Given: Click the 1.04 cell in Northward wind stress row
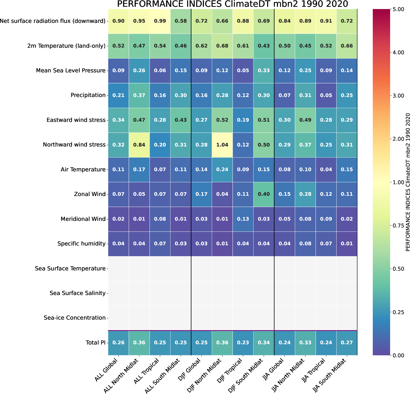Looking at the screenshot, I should (222, 145).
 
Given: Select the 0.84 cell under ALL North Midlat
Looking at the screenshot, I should (139, 145).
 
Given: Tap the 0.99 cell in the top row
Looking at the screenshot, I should (160, 21).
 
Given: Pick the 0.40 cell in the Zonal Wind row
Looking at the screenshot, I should (264, 194).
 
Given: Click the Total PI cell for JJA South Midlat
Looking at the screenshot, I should (347, 342).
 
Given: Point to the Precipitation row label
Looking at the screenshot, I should (88, 95).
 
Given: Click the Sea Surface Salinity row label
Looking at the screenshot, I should (77, 293).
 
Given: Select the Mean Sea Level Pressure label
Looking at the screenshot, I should (71, 71).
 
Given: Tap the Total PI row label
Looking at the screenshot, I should (95, 342).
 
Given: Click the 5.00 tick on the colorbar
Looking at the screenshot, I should (398, 9).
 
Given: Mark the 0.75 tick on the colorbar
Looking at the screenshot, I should (398, 225).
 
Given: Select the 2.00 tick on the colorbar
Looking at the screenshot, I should (398, 139).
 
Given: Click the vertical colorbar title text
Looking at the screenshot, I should (408, 182).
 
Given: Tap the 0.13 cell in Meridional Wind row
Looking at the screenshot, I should (243, 219).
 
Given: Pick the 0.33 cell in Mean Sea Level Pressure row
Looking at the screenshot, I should (264, 71).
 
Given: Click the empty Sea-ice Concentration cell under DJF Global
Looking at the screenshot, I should (201, 318).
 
